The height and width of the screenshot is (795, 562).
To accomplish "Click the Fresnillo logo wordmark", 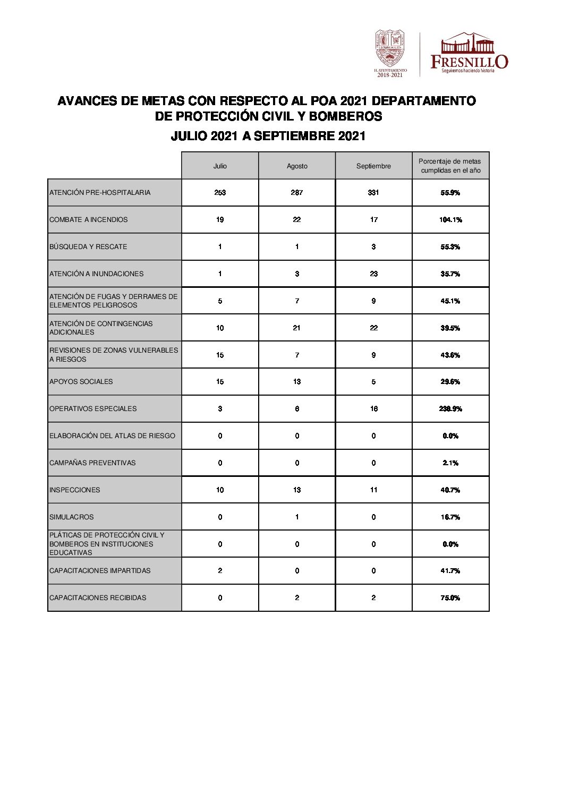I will pyautogui.click(x=469, y=61).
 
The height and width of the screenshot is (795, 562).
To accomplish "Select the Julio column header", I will pyautogui.click(x=220, y=166).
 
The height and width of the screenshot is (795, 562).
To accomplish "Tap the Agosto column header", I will pyautogui.click(x=297, y=166).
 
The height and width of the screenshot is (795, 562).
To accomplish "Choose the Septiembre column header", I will pyautogui.click(x=373, y=166).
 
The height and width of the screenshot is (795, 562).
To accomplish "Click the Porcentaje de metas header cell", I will pyautogui.click(x=450, y=166).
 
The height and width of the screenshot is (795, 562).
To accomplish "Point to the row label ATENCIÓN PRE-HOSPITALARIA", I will pyautogui.click(x=100, y=193).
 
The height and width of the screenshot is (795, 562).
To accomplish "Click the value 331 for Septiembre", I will pyautogui.click(x=373, y=193).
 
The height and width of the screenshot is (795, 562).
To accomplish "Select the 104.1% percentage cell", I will pyautogui.click(x=450, y=220).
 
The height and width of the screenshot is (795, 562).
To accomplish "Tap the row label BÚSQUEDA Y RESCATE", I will pyautogui.click(x=88, y=247).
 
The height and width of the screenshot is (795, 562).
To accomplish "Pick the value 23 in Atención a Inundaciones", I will pyautogui.click(x=374, y=274).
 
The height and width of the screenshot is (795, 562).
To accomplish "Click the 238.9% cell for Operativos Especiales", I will pyautogui.click(x=450, y=409).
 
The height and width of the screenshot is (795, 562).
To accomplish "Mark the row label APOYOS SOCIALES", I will pyautogui.click(x=81, y=382).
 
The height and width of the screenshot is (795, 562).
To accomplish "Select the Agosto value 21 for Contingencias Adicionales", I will pyautogui.click(x=296, y=328).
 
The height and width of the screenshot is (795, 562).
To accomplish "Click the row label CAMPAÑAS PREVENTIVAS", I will pyautogui.click(x=92, y=463).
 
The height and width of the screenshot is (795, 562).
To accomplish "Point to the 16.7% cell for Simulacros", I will pyautogui.click(x=450, y=517).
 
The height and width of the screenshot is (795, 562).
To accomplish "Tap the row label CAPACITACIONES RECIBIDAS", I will pyautogui.click(x=98, y=598).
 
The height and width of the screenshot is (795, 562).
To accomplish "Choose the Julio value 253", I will pyautogui.click(x=220, y=193).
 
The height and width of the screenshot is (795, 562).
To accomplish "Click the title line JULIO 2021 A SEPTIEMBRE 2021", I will pyautogui.click(x=268, y=136).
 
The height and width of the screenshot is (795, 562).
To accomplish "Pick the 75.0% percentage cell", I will pyautogui.click(x=450, y=598).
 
